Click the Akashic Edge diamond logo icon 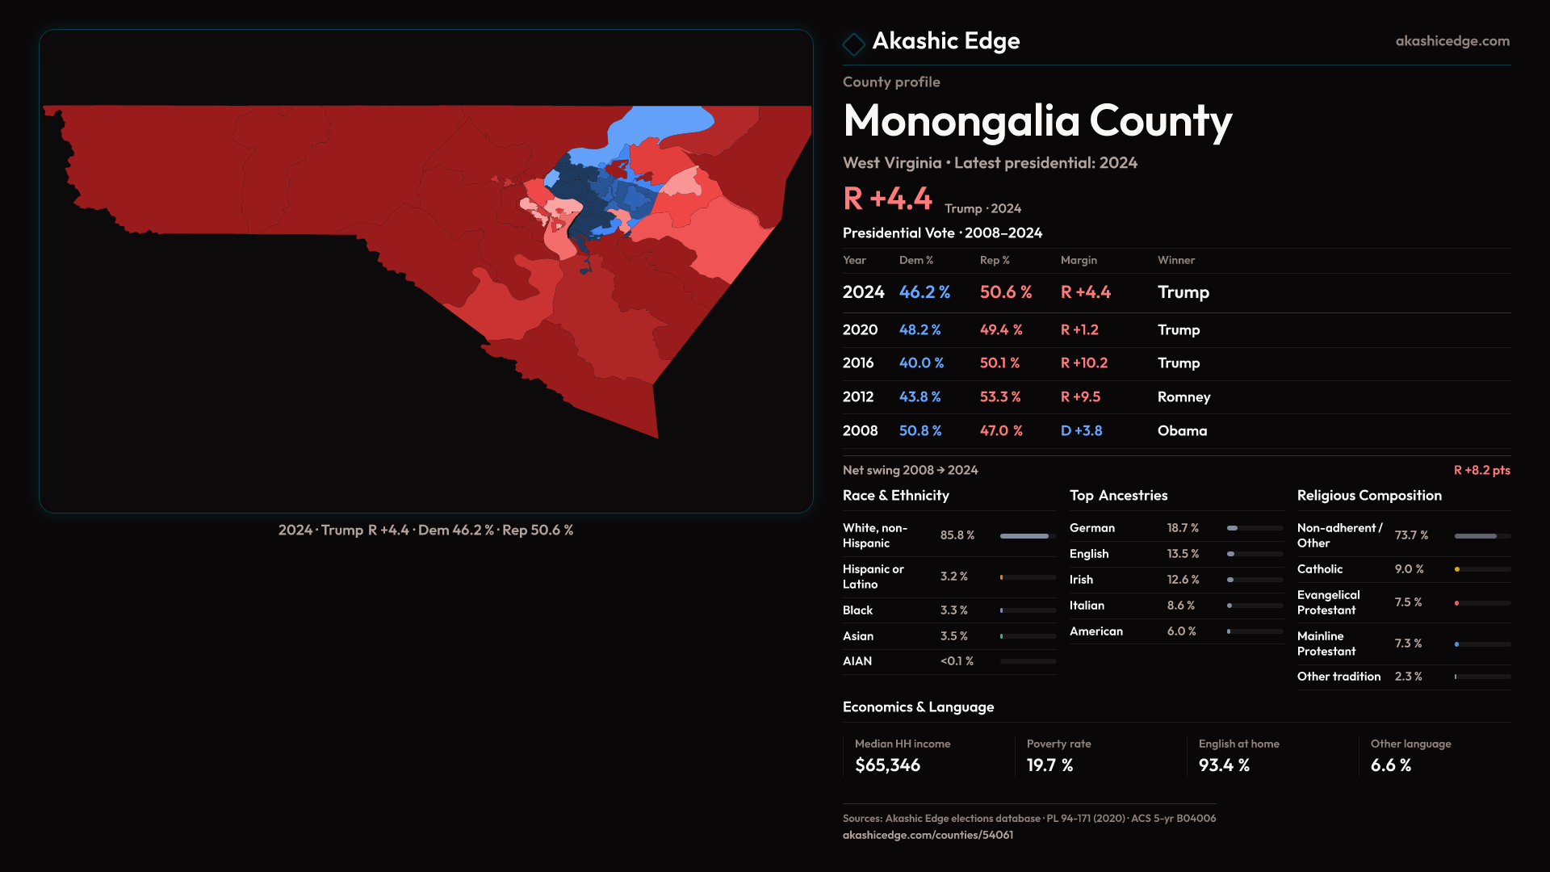853,44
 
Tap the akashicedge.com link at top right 1452,41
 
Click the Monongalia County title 1037,121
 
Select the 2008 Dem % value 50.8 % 920,431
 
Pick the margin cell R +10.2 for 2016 1084,363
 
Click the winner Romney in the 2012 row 1183,397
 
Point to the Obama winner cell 1182,431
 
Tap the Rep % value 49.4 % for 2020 1001,330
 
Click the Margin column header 1079,260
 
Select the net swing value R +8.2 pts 1481,470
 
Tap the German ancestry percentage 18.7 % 1183,528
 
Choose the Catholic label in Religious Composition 1320,569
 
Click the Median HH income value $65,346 887,765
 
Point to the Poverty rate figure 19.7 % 1049,765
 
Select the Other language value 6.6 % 1390,765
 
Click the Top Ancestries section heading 1118,496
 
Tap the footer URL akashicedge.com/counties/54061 928,835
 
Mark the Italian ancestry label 1087,606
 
